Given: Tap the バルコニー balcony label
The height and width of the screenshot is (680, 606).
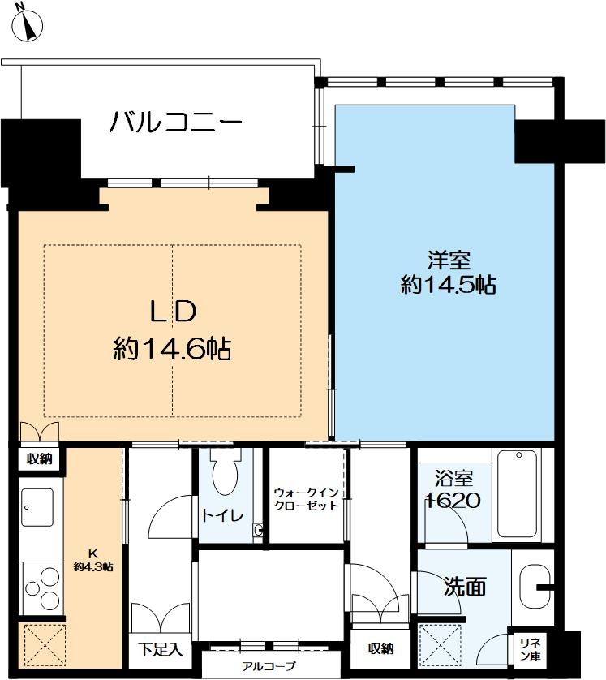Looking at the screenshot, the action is [175, 122].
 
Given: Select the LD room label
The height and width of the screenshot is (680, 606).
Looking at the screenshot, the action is [173, 311].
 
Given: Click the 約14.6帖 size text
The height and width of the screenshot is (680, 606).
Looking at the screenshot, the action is [172, 348].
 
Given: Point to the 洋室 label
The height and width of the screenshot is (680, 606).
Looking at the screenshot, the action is [449, 260].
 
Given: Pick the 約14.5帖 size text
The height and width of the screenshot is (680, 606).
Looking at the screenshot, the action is [449, 285].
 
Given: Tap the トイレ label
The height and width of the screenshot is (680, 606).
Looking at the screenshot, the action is [223, 515].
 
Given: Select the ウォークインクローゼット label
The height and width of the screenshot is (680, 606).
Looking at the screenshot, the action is [306, 499].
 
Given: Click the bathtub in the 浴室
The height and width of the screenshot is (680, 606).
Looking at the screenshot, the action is [517, 493].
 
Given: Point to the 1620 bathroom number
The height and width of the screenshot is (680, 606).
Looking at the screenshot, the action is [452, 501].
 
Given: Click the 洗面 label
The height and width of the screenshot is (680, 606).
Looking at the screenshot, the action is [465, 587].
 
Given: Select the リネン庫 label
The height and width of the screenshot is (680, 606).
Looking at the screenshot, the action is [530, 649].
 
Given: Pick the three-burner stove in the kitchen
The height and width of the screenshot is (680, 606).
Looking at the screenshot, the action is [41, 587].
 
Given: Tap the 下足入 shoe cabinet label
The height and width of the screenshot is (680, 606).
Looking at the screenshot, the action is [160, 649].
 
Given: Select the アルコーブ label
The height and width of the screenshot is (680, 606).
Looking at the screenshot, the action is [269, 665].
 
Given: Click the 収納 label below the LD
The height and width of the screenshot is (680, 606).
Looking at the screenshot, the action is [40, 458].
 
